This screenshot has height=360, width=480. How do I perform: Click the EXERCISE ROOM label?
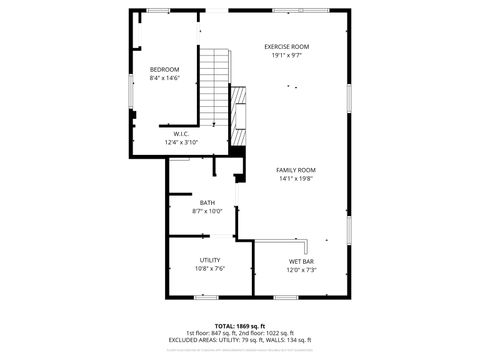click(286, 47)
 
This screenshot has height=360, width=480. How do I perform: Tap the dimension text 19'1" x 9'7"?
click(286, 56)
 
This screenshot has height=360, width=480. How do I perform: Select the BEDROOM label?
click(164, 69)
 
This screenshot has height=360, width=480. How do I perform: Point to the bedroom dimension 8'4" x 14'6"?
click(164, 78)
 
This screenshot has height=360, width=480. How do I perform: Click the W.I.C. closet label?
click(181, 134)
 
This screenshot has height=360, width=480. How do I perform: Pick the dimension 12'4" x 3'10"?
click(181, 143)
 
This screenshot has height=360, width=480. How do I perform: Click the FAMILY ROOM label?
click(296, 170)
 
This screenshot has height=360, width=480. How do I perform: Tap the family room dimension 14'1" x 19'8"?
click(296, 179)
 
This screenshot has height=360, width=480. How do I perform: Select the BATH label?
click(207, 203)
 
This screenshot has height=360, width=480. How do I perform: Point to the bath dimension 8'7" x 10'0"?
click(207, 212)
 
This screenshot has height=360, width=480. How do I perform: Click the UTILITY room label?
click(209, 260)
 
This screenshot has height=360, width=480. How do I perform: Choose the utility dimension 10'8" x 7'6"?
click(209, 269)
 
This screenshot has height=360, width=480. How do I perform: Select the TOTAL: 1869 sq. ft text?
click(239, 325)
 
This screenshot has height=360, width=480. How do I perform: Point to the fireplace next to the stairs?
click(238, 114)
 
